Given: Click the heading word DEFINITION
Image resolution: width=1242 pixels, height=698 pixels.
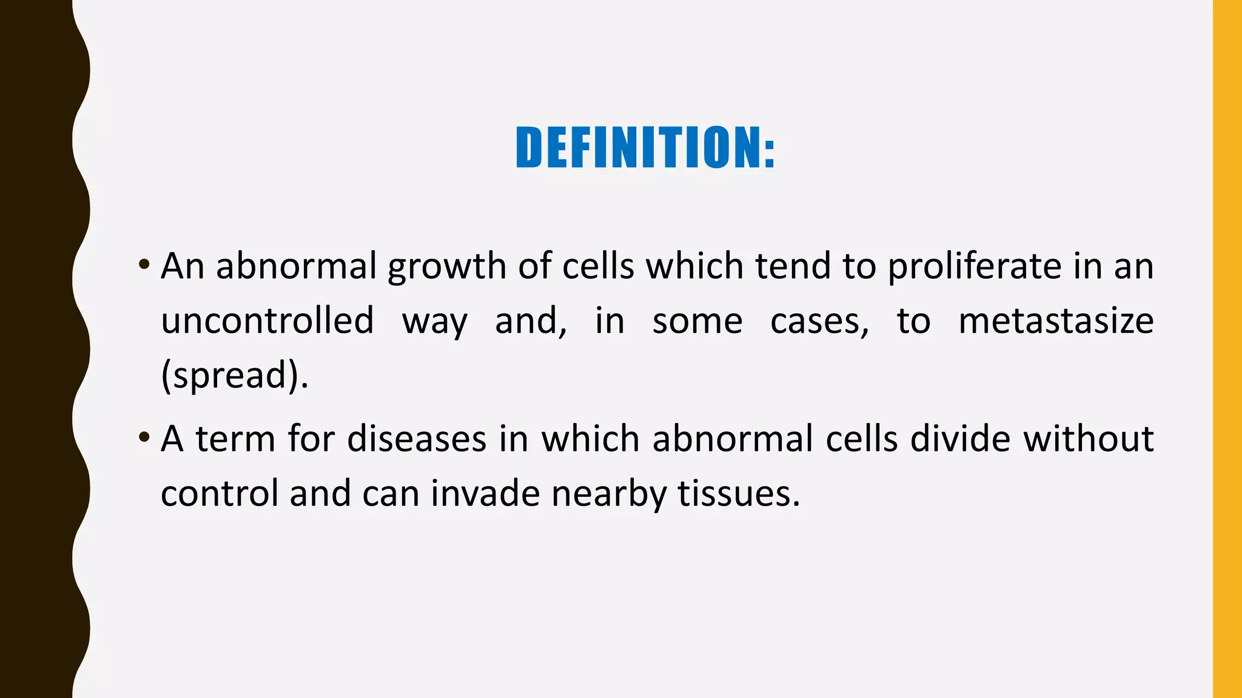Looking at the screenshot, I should [639, 147].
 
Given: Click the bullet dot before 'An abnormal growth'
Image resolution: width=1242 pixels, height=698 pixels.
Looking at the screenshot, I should [144, 264].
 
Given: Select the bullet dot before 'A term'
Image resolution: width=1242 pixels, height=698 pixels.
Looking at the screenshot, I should [144, 436].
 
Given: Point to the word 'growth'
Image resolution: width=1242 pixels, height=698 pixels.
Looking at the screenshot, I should [447, 267].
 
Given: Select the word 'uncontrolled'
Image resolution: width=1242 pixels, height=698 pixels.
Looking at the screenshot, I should [267, 321].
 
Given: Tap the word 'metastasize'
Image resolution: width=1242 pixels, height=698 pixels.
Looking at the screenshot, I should [1056, 321].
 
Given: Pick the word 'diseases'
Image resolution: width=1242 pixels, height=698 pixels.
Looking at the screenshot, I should [417, 439].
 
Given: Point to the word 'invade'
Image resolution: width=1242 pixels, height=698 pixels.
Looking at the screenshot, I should [485, 493].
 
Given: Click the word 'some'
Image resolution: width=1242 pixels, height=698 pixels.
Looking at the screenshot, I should [697, 322].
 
